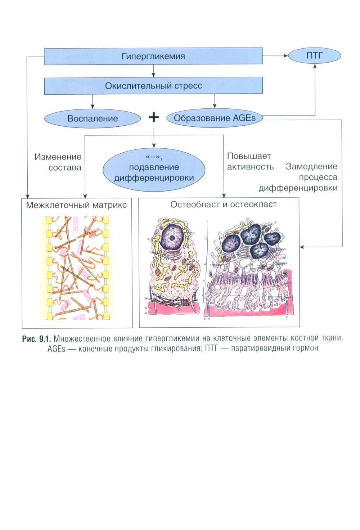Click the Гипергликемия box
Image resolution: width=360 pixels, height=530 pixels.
pyautogui.click(x=153, y=56)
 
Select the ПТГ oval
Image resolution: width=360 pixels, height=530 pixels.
pyautogui.click(x=314, y=55)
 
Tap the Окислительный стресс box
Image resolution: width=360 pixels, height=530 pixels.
pyautogui.click(x=153, y=86)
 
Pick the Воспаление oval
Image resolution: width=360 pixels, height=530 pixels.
pyautogui.click(x=93, y=118)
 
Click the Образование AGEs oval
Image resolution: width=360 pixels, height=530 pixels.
pyautogui.click(x=215, y=118)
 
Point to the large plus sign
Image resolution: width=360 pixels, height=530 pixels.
pyautogui.click(x=154, y=117)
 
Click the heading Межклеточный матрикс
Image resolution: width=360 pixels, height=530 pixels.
pyautogui.click(x=76, y=205)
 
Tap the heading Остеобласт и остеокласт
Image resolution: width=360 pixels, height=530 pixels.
pyautogui.click(x=223, y=205)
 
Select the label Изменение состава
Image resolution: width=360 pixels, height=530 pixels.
pyautogui.click(x=58, y=162)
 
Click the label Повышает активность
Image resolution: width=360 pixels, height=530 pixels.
pyautogui.click(x=250, y=161)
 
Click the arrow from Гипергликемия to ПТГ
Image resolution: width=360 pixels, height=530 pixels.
pyautogui.click(x=275, y=55)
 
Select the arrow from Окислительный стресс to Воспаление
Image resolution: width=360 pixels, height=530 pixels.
pyautogui.click(x=93, y=102)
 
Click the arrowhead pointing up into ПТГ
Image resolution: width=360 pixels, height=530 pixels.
pyautogui.click(x=315, y=66)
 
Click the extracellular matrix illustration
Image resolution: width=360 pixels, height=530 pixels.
pyautogui.click(x=77, y=268)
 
